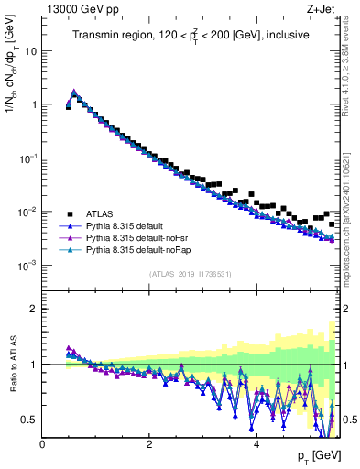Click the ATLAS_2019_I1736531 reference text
[x=190, y=275]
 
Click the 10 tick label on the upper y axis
[x=30, y=51]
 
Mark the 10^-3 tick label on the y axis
[x=27, y=266]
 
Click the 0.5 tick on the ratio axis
[x=28, y=420]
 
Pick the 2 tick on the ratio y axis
[x=33, y=309]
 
